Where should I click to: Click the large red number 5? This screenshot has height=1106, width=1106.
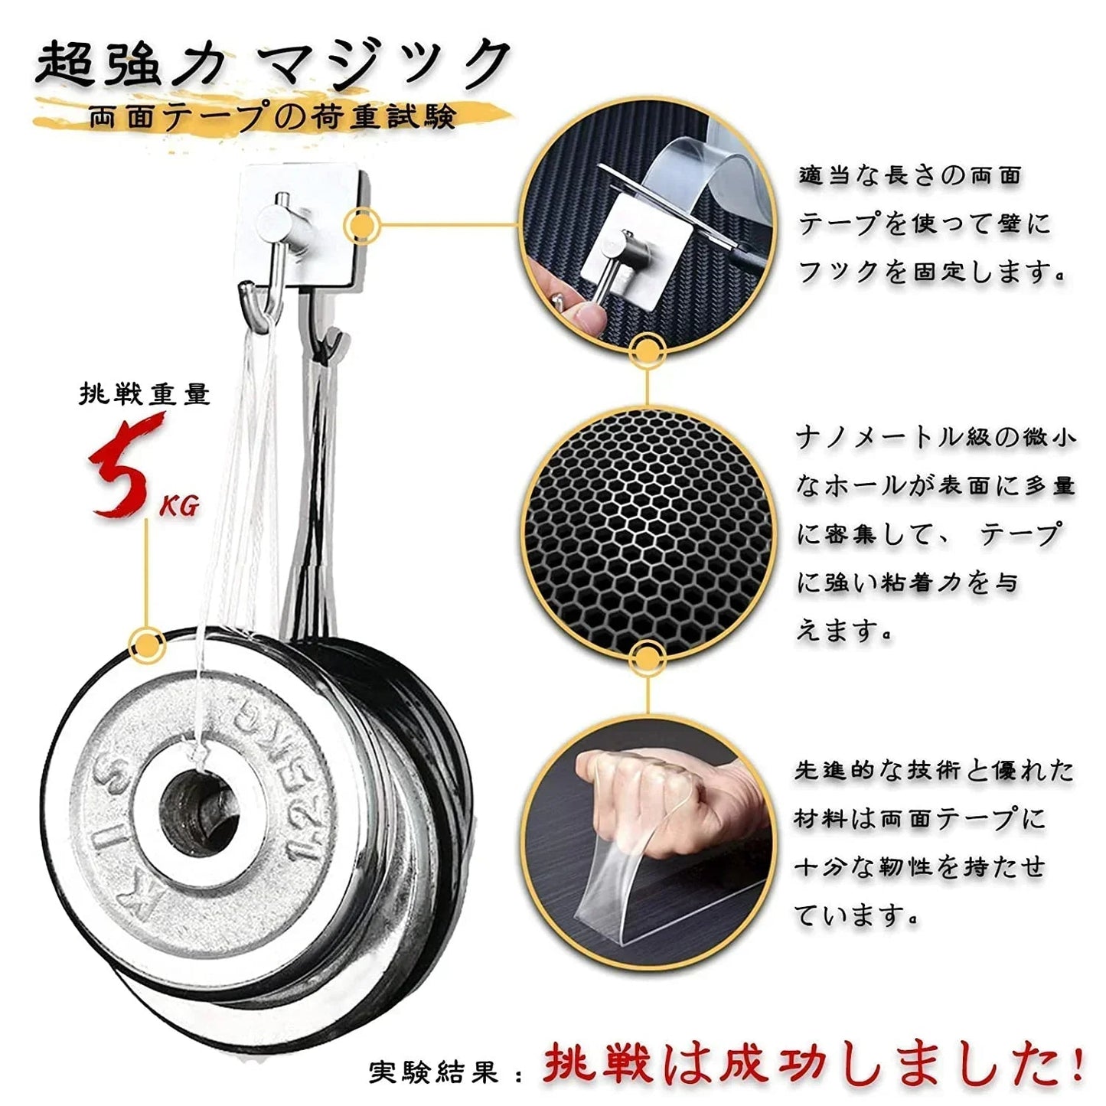123,466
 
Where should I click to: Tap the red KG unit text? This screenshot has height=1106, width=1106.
179,506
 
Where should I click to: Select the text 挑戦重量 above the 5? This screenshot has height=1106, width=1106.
144,394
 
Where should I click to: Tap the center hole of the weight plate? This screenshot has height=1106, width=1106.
198,811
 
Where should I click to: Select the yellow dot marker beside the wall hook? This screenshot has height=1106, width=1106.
361,225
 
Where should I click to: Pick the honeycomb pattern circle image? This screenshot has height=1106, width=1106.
648,533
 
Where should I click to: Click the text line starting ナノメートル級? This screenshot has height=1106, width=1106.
935,439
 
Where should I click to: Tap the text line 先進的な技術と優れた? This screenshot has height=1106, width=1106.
935,771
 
